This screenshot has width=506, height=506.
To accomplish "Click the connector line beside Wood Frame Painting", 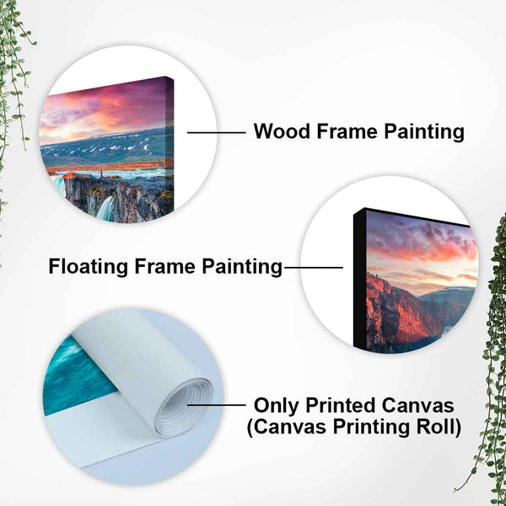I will click(214, 132).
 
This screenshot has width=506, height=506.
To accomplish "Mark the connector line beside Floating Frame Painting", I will click(313, 268).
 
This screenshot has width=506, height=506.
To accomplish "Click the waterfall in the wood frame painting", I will click(105, 207).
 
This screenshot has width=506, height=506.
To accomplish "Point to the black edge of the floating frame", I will click(359, 278).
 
